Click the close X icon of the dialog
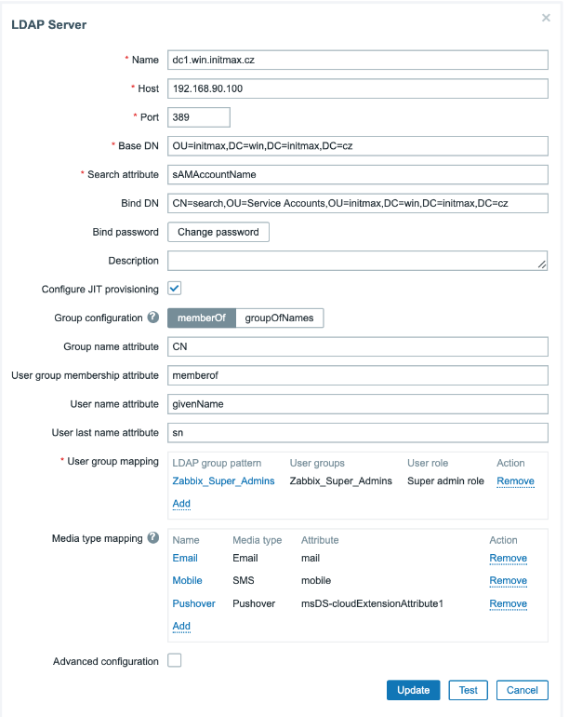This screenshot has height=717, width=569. [x=546, y=18]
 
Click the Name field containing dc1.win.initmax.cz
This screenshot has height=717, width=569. [x=357, y=60]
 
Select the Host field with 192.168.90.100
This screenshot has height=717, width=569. [x=357, y=88]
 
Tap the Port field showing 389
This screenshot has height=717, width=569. [x=198, y=117]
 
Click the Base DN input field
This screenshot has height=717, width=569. [x=357, y=146]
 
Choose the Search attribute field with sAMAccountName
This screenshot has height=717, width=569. [x=357, y=174]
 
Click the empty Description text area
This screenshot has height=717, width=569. [x=357, y=261]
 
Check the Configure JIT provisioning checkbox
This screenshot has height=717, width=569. [x=175, y=289]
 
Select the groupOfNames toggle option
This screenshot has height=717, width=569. [x=280, y=318]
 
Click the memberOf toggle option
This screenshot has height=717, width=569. [x=201, y=318]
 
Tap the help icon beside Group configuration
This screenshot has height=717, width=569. [x=152, y=318]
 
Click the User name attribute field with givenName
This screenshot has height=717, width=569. [x=357, y=404]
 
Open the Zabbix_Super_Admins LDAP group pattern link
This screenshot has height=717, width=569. [x=223, y=480]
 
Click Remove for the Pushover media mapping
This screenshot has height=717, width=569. [x=508, y=603]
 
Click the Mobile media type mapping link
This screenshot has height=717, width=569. [x=187, y=580]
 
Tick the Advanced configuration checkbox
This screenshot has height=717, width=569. [x=175, y=661]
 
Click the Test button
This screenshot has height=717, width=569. [x=468, y=690]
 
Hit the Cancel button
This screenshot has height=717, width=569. [x=522, y=690]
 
